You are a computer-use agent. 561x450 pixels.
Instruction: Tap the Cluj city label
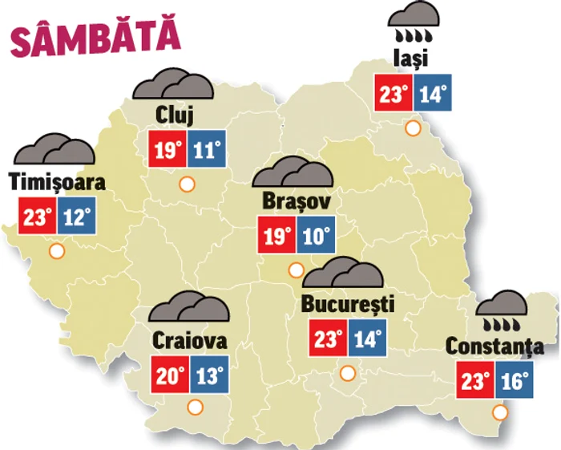(x=176, y=116)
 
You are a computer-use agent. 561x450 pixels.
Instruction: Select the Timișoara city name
(x=57, y=182)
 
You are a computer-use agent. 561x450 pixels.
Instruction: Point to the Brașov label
(x=296, y=200)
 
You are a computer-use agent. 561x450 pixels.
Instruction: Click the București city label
(x=349, y=305)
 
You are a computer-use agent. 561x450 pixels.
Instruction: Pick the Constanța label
(x=494, y=347)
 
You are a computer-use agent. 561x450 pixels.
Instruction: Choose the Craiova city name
(x=189, y=340)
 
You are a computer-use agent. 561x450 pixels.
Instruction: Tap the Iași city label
(x=412, y=59)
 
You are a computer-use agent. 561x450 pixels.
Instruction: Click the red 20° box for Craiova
(x=169, y=375)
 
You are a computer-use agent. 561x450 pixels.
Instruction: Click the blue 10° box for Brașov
(x=317, y=235)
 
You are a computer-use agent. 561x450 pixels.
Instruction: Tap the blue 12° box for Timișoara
(x=77, y=217)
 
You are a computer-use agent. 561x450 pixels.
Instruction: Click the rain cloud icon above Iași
(x=414, y=24)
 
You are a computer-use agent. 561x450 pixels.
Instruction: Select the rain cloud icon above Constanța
(x=501, y=311)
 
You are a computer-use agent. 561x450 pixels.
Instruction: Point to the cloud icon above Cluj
(x=173, y=85)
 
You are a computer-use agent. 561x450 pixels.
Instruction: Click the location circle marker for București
(x=347, y=373)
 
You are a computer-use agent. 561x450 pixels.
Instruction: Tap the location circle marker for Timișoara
(x=57, y=251)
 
